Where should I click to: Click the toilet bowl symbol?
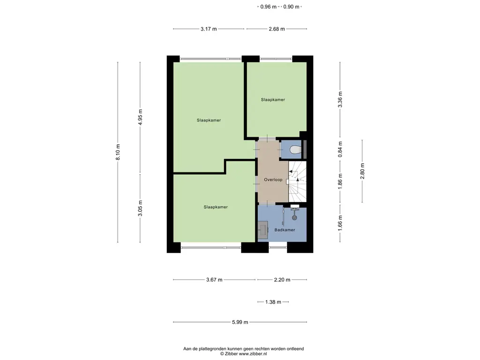click(295, 150)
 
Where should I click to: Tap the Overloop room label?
click(273, 180)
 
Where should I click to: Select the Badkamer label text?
click(285, 230)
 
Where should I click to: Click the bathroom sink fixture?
click(263, 230)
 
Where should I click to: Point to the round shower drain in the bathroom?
click(294, 217)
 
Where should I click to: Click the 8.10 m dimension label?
click(118, 152)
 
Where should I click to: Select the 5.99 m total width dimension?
click(240, 322)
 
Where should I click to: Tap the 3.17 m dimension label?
click(209, 29)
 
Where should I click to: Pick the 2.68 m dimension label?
click(277, 29)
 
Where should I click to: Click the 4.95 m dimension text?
click(141, 117)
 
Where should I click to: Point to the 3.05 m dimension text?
click(141, 208)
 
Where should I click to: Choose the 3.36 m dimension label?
click(340, 99)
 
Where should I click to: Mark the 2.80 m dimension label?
click(362, 171)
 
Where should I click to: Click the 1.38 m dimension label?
click(273, 302)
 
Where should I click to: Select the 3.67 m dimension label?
click(214, 280)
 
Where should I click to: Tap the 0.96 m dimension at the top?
click(269, 7)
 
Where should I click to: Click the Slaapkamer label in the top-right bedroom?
click(273, 99)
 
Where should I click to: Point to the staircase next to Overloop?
click(297, 181)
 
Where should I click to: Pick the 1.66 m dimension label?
click(340, 223)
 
